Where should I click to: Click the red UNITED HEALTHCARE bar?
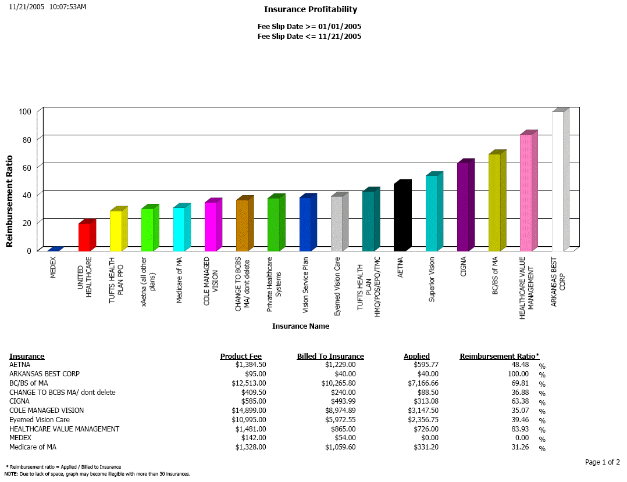84,238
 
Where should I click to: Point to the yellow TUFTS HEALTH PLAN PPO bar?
116,231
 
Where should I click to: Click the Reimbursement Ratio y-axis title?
10,201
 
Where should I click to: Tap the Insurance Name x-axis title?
301,326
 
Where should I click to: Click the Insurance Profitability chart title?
311,9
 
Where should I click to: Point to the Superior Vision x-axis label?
432,279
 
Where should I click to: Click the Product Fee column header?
241,357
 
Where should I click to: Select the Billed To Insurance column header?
330,357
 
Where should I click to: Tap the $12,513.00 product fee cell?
248,383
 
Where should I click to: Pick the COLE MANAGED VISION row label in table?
47,411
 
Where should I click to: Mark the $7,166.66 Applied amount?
423,383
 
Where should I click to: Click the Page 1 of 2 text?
602,462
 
